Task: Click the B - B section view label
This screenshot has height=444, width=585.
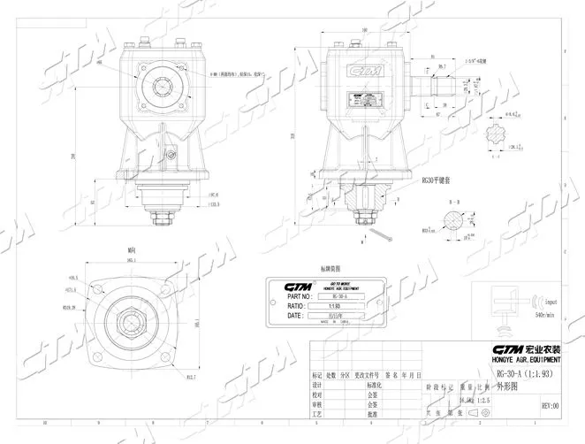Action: point(454,203)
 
